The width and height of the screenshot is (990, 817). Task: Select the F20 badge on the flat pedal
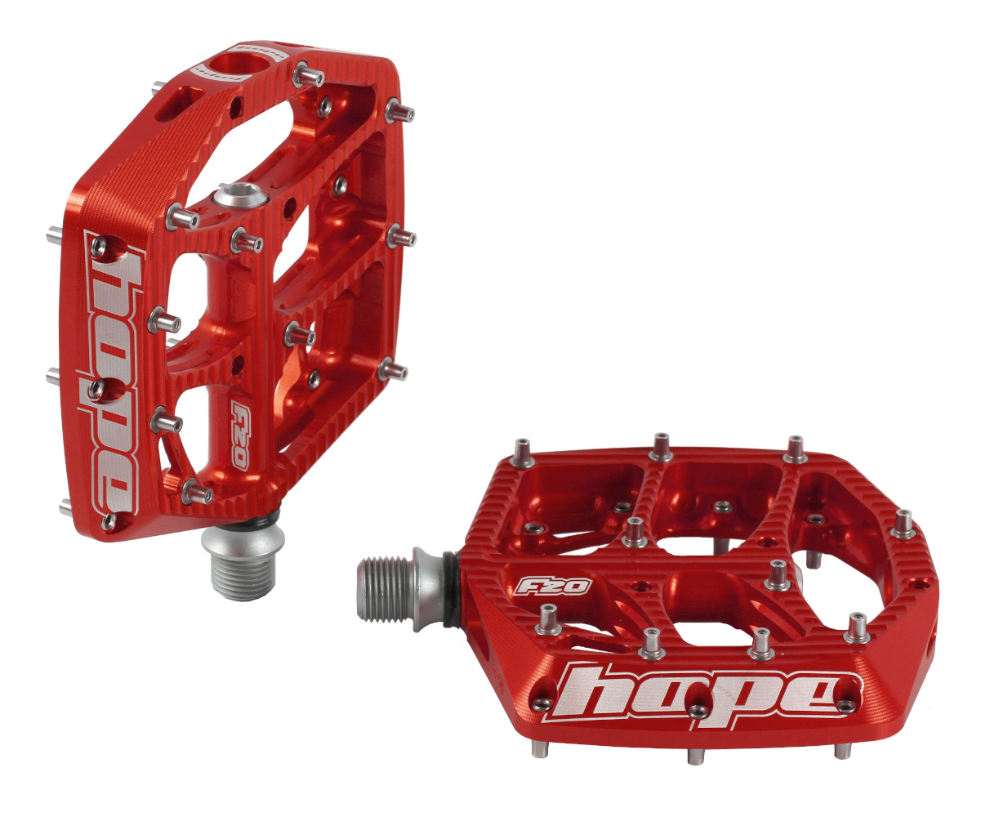point(542,586)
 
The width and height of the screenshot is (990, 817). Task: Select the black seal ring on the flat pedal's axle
point(448,589)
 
